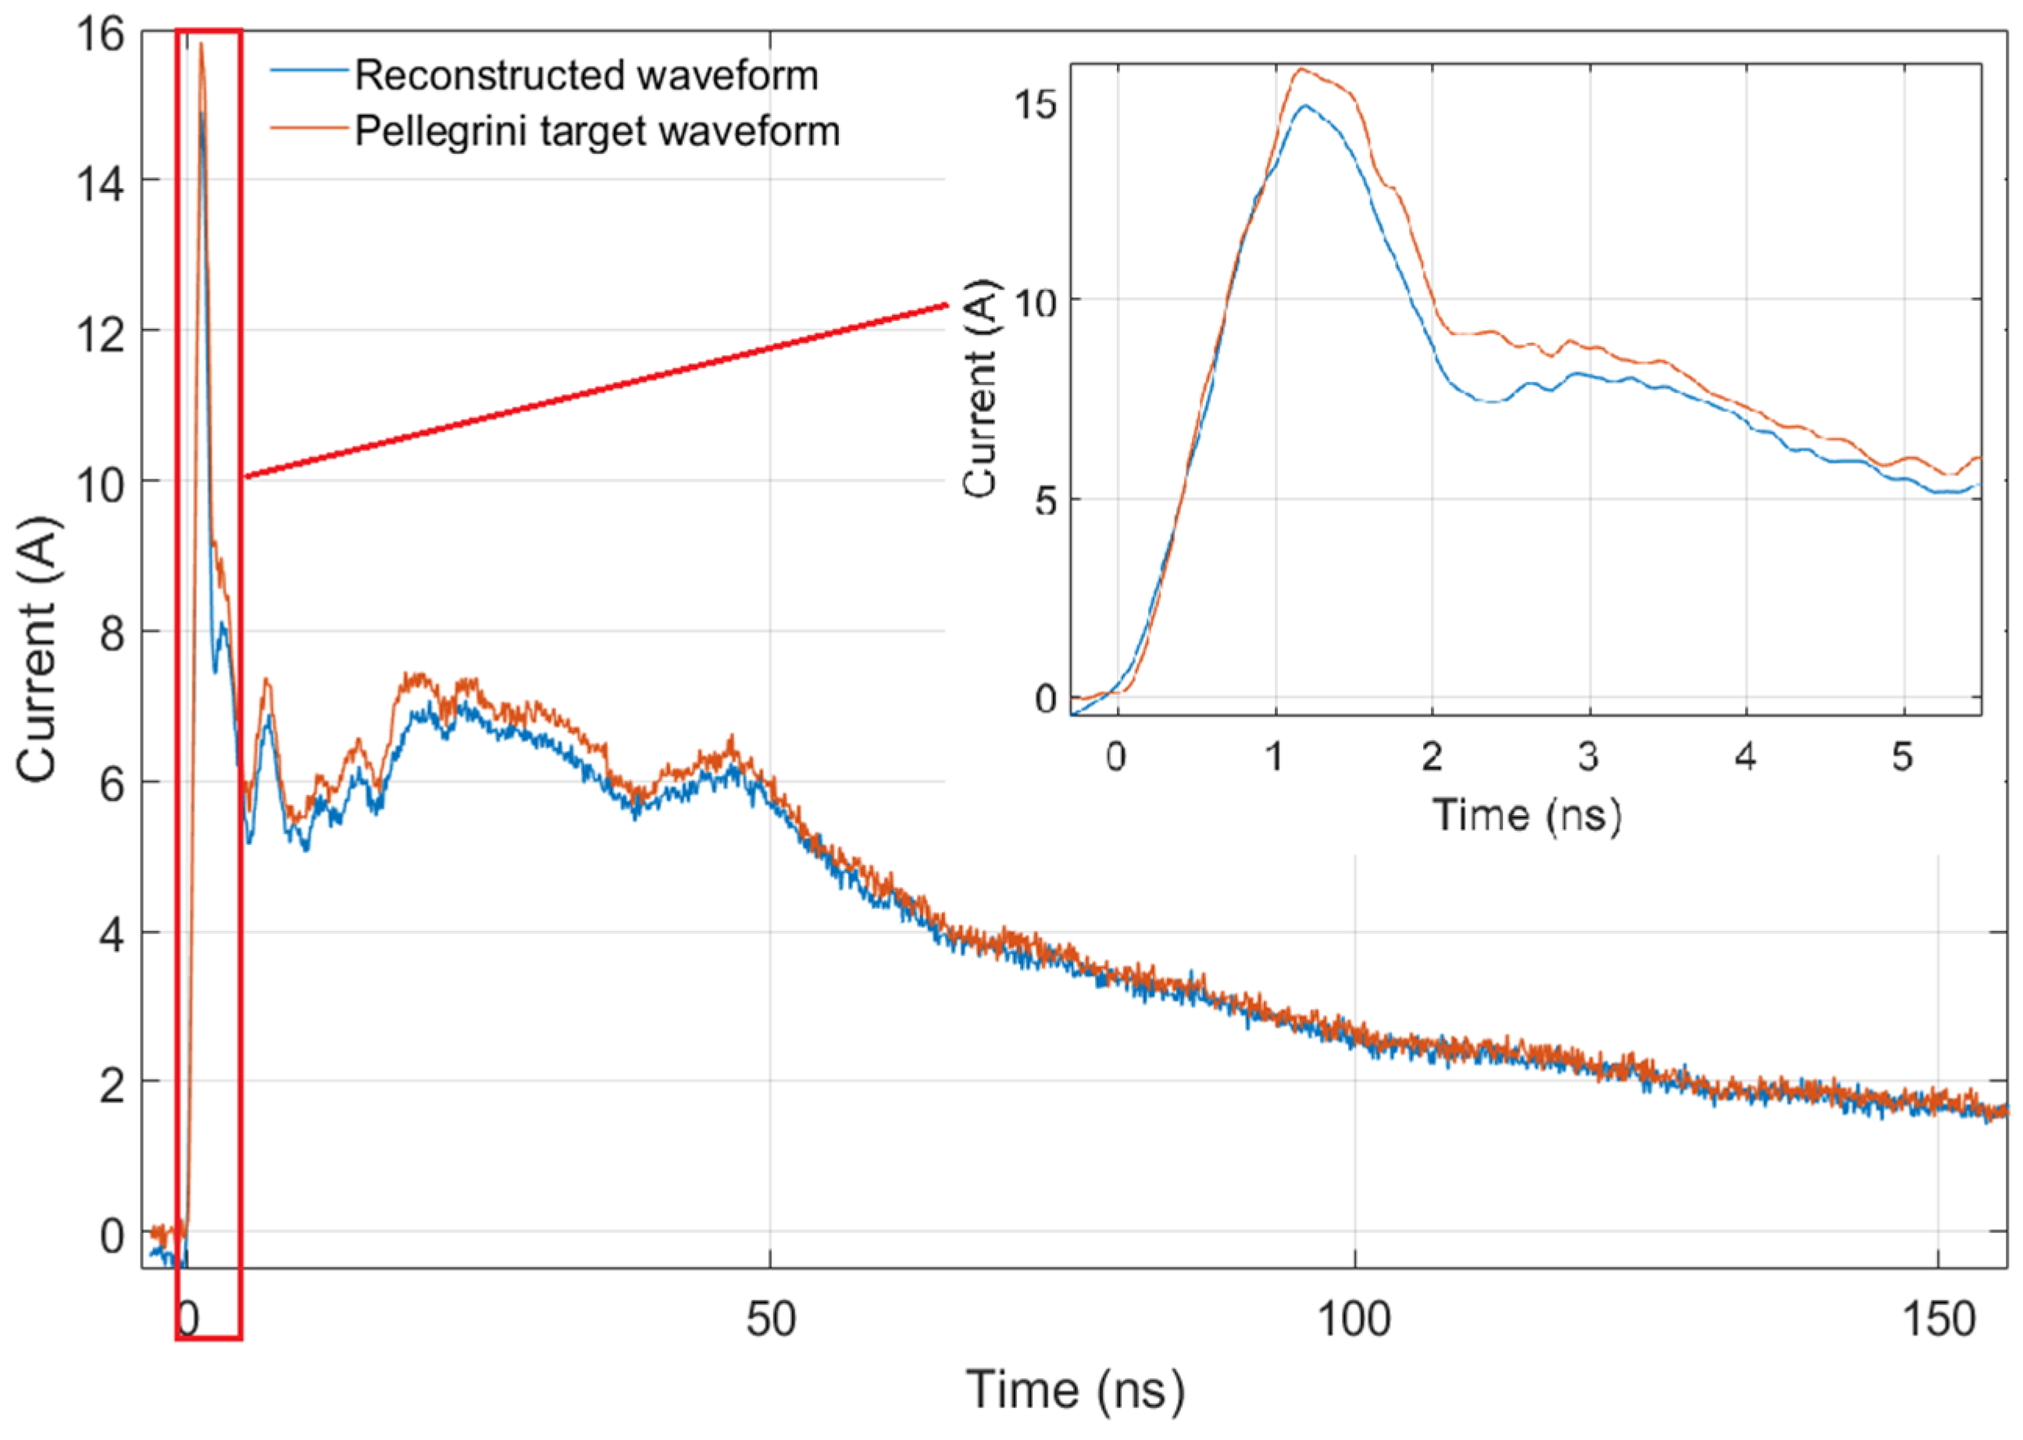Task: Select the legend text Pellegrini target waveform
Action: tap(597, 131)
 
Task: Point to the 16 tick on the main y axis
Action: tap(99, 35)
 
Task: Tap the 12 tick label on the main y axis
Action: tap(99, 334)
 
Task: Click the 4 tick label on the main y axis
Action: tap(112, 935)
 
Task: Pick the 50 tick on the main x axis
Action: tap(770, 1320)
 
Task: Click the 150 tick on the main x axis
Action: tap(1939, 1320)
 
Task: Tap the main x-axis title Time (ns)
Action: tap(1075, 1389)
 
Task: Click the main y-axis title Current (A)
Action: tap(37, 649)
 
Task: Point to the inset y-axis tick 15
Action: tap(1034, 105)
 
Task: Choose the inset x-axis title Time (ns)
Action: tap(1526, 814)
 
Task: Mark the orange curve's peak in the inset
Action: tap(1301, 70)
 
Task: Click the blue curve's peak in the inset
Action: tap(1304, 105)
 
